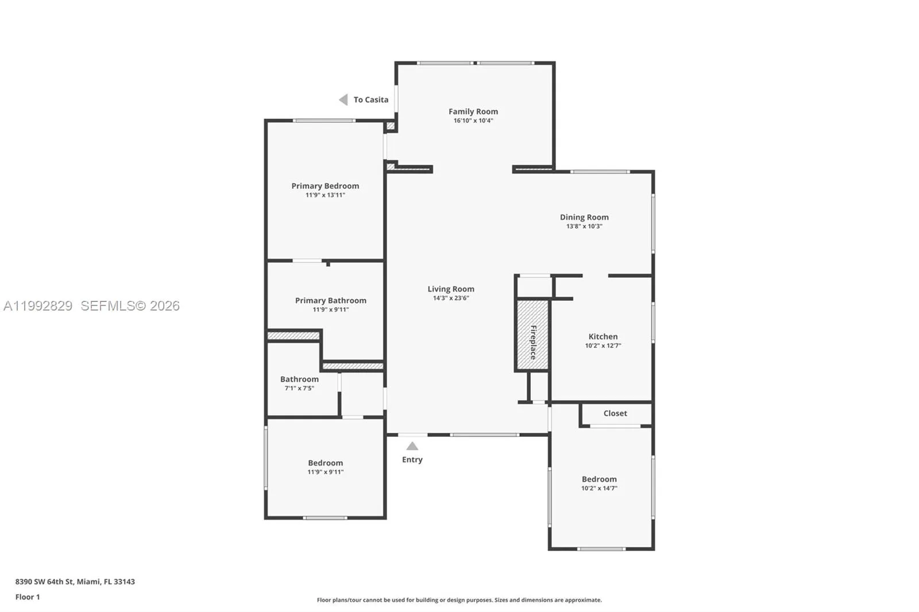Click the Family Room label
coord(473,111)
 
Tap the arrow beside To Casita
coord(343,100)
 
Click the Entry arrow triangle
coord(412,446)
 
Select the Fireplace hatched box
coord(532,335)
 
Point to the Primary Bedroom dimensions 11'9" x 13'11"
coord(325,195)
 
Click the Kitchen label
coord(603,336)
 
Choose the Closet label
coord(615,413)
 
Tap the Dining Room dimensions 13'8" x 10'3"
coord(584,226)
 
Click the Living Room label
coord(451,289)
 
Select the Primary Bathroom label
coord(330,300)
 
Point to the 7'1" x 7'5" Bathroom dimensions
coord(299,388)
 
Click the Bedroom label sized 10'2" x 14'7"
coord(599,479)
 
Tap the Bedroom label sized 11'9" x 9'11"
coord(325,463)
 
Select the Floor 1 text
coord(28,597)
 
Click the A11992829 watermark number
coord(38,306)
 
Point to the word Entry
coord(412,459)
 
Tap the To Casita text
coord(371,100)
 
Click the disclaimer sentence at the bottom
coord(459,600)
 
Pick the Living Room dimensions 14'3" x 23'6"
coord(451,298)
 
